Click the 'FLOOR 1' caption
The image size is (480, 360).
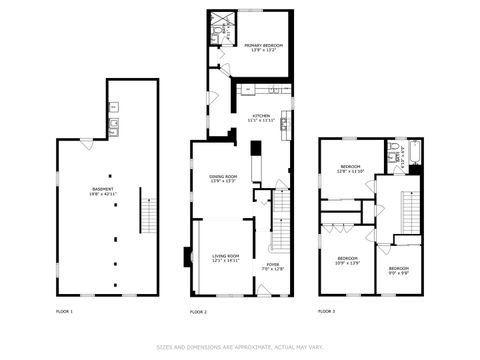click(x=65, y=311)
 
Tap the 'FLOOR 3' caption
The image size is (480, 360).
click(x=327, y=311)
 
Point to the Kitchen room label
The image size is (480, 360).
click(x=261, y=118)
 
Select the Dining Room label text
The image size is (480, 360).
click(x=222, y=179)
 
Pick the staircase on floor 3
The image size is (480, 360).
click(x=411, y=210)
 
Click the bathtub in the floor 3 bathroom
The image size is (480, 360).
click(x=414, y=152)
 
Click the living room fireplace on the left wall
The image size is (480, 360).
click(x=186, y=256)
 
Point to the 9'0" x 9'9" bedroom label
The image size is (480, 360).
click(x=399, y=269)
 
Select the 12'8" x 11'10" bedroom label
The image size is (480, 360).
click(x=350, y=168)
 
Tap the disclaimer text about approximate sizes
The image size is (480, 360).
click(x=239, y=347)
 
